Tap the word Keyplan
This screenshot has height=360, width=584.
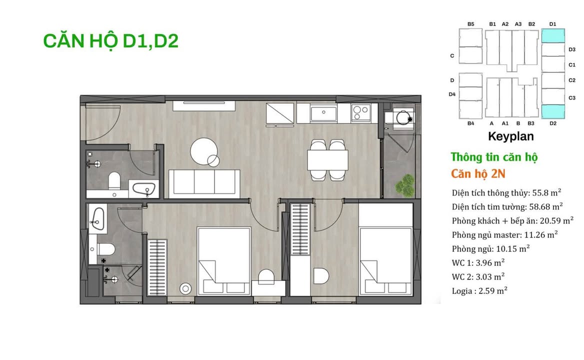coord(510,136)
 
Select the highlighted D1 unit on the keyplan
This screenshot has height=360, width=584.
coord(553,35)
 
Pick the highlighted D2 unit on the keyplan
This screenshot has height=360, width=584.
coord(553,111)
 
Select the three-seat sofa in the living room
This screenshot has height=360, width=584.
coord(204,181)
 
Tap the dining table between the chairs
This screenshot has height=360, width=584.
coord(327,160)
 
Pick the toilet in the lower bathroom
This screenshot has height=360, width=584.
coord(106,248)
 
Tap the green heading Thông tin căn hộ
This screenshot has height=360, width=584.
coord(494,157)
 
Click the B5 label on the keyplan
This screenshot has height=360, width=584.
coord(470,23)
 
